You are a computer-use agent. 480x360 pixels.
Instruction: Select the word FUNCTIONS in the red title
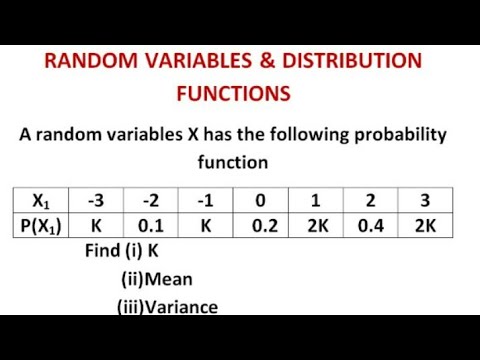[233, 93]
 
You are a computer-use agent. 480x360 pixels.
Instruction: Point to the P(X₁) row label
[42, 226]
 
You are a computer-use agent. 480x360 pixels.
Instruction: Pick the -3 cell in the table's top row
[97, 198]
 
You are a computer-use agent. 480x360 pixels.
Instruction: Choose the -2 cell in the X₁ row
[150, 198]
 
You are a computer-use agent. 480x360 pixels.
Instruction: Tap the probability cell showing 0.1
[150, 226]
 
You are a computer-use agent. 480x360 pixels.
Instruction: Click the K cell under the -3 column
[97, 226]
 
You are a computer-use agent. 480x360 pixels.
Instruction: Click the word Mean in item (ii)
[171, 280]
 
